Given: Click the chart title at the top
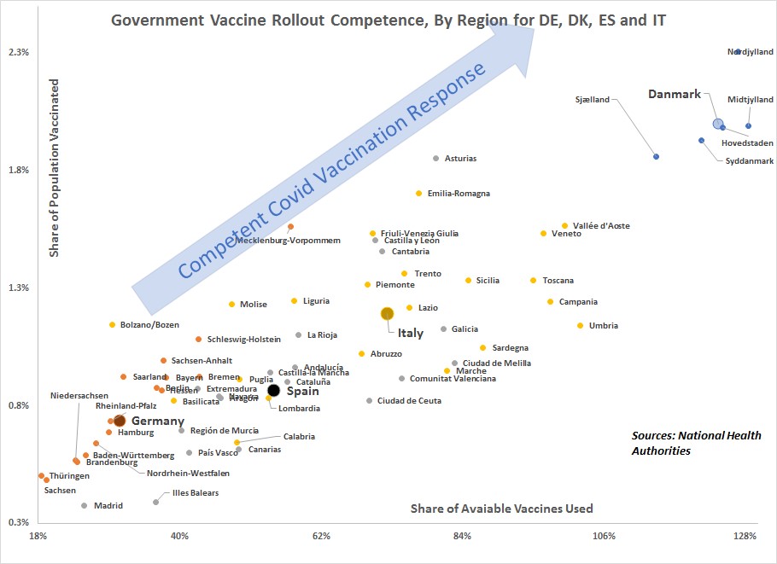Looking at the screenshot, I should point(388,20).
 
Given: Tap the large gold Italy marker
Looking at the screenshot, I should point(387,314).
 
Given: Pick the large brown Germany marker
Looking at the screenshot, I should point(120,421).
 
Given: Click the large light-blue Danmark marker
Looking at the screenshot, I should point(718,124).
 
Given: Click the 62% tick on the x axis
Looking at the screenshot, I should point(321,536).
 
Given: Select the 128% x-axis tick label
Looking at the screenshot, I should point(745,536).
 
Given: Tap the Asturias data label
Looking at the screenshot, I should point(461,159).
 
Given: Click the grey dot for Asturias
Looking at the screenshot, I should point(435,159).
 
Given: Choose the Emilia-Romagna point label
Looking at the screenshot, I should point(459,194).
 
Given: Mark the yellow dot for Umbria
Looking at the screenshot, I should point(580,326).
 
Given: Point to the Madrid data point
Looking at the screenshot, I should point(84,506).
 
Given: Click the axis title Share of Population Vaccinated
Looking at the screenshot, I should point(55,169).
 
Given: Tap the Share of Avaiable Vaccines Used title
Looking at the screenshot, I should point(501,509).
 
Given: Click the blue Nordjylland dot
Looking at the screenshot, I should point(738,52).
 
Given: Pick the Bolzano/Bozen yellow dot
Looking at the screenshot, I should point(112,325).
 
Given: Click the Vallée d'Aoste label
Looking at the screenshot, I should point(601,226).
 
